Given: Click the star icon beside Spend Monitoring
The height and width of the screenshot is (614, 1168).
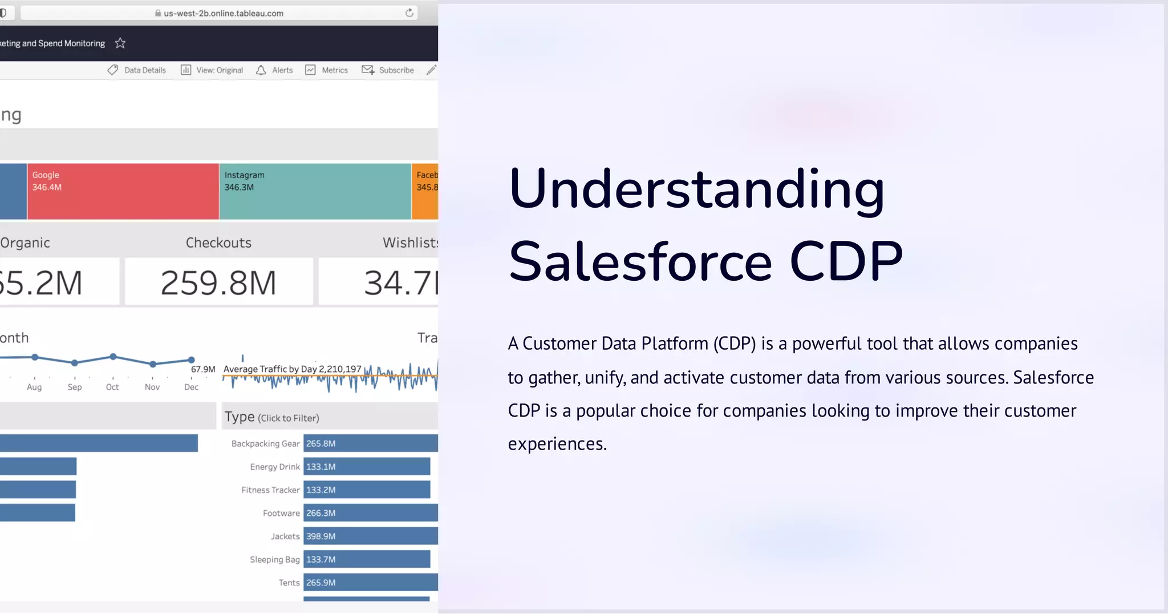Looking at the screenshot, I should tap(120, 43).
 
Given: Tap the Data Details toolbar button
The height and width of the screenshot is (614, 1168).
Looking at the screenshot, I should tap(137, 70).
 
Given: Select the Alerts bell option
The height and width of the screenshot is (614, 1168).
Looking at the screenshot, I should tap(274, 70).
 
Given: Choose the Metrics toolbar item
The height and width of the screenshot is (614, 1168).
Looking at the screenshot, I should tap(326, 70).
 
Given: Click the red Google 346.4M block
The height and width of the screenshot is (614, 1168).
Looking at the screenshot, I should tap(123, 192).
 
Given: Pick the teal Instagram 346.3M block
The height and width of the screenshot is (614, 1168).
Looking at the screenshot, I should tap(315, 192).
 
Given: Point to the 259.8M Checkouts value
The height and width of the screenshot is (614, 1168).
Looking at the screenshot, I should tap(218, 282).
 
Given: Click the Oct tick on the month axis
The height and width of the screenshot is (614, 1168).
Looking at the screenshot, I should tap(112, 387).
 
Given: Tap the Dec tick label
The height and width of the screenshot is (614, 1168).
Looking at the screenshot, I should tap(191, 387).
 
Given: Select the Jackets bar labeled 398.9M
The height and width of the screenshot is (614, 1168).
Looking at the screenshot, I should tap(370, 536).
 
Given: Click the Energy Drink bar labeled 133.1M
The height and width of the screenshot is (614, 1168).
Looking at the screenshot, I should tap(366, 467).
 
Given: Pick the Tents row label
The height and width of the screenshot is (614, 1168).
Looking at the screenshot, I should tap(289, 583).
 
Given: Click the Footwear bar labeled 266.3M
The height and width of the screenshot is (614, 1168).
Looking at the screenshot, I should tap(370, 513).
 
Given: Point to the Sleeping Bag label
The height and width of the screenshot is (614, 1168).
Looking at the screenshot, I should tap(274, 559).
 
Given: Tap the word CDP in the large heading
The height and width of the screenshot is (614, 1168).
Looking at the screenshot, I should tap(846, 261).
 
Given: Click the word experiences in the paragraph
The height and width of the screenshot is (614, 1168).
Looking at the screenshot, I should tap(557, 444).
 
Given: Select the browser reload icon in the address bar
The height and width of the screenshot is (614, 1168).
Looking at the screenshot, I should tap(409, 13).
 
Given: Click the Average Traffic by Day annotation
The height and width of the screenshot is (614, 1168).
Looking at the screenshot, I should tap(292, 369).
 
